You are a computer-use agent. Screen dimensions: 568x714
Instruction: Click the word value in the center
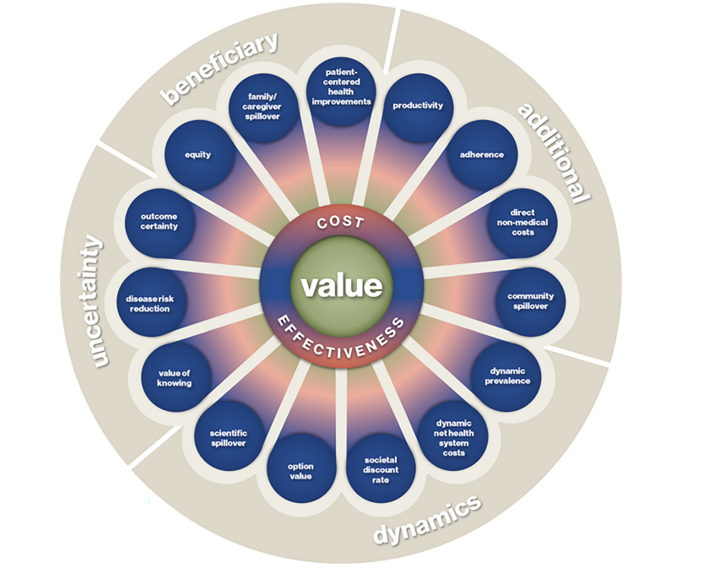point(342,286)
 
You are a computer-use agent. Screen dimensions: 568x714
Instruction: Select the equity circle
point(198,155)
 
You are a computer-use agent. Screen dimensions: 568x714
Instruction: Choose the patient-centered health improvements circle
point(341,88)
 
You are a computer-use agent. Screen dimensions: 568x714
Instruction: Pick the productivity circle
point(418,106)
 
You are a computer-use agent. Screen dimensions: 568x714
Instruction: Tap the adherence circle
point(482,154)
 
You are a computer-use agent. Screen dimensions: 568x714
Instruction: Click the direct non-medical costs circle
point(522,221)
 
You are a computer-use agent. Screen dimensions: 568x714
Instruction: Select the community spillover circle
point(530,301)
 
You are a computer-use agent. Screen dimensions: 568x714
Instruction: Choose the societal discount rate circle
point(381,470)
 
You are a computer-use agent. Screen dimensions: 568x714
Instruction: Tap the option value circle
point(300,470)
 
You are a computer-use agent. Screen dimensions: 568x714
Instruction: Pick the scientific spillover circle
point(228,438)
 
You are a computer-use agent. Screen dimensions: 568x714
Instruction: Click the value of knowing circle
point(175,377)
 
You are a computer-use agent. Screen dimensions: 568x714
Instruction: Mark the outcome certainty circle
point(159,221)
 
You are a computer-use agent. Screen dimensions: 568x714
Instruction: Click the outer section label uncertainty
point(96,301)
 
